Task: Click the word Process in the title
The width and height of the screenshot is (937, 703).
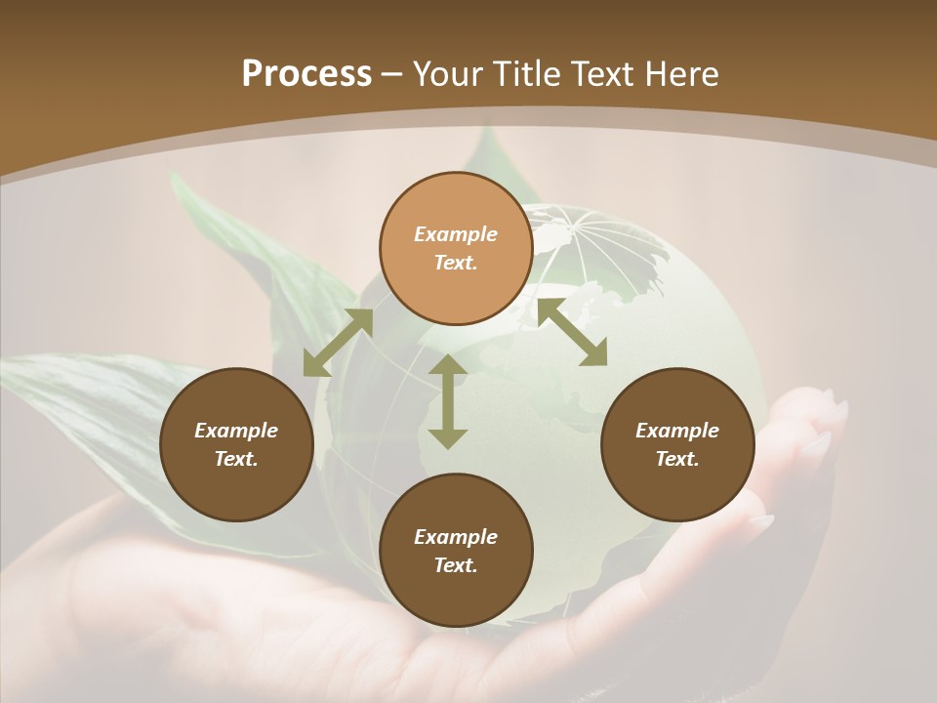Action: (x=306, y=74)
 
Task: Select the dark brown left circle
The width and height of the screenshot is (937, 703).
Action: (x=236, y=445)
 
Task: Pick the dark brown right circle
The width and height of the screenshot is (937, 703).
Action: (x=677, y=445)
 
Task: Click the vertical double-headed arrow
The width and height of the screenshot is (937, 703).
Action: (x=448, y=401)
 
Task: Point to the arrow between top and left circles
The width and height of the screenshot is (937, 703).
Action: (x=338, y=343)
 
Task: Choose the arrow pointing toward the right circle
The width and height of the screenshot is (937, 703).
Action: (x=572, y=332)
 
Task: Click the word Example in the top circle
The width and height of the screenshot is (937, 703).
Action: (x=456, y=234)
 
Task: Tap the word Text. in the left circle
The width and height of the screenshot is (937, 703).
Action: (x=236, y=459)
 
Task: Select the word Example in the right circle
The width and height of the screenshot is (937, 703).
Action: (x=677, y=431)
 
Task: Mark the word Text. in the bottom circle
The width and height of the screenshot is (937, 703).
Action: (x=456, y=565)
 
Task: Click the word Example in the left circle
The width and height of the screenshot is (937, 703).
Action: (x=236, y=431)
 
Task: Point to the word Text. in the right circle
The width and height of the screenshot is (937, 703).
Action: (x=677, y=459)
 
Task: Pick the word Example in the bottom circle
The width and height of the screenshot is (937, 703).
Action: (x=456, y=537)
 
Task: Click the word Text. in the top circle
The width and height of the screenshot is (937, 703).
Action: (x=456, y=263)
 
